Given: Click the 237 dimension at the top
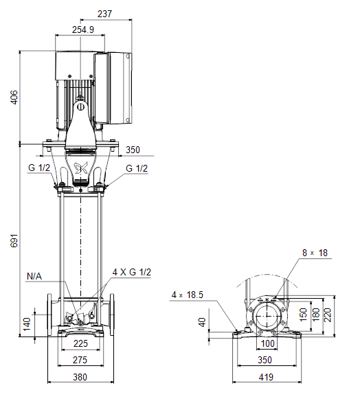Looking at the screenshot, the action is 104,14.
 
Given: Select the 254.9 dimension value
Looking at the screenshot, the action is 83,30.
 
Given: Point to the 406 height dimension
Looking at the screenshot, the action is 14,98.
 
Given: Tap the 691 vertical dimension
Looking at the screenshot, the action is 14,240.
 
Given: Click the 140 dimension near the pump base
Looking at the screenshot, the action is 27,324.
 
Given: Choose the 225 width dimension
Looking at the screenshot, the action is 80,343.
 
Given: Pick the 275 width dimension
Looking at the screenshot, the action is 80,360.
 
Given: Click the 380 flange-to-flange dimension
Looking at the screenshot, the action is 80,377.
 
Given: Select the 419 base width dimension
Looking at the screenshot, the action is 266,377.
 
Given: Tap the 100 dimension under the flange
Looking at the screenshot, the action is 267,343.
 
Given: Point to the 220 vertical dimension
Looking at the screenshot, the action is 328,315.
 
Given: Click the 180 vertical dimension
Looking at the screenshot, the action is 315,315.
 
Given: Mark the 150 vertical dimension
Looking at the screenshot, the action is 303,315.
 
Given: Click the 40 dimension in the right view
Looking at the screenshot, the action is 202,322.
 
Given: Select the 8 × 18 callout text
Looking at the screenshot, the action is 315,253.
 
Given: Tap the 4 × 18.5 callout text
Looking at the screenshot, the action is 188,295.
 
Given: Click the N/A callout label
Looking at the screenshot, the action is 34,276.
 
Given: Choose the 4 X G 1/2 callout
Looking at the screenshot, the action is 132,272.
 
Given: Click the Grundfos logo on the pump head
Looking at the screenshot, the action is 80,168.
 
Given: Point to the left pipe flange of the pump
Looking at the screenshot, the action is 49,315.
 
